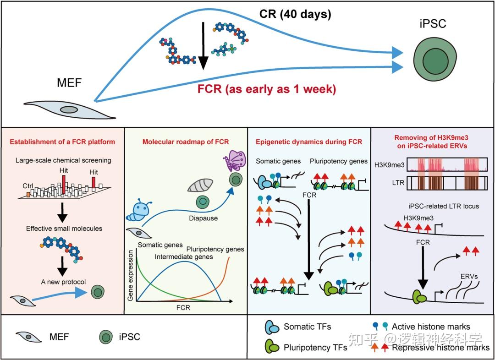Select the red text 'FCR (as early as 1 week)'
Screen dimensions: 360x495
point(266,89)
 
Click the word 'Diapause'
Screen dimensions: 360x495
point(203,218)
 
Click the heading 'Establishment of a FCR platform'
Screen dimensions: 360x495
point(62,142)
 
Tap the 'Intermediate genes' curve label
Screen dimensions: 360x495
point(183,256)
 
